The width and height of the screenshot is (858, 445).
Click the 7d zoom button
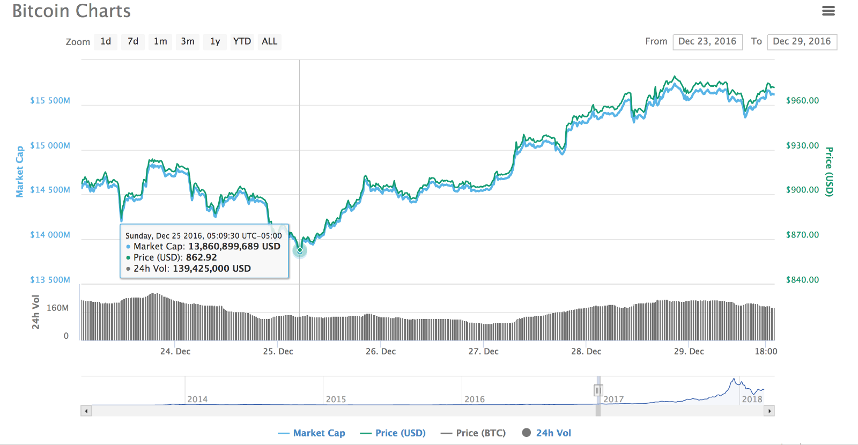(x=133, y=42)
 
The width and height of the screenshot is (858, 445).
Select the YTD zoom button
(x=242, y=42)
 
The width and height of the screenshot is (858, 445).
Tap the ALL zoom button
(x=269, y=42)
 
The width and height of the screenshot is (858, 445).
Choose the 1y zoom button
(x=215, y=42)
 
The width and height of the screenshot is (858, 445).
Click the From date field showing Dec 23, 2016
(x=707, y=42)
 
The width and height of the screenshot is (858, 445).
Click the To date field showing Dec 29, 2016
(x=802, y=42)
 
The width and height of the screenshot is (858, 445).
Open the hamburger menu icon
(x=829, y=11)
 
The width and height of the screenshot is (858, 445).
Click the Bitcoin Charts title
(x=71, y=11)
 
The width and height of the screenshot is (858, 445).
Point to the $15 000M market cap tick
(x=50, y=146)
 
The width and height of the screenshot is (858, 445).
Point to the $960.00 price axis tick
(x=802, y=101)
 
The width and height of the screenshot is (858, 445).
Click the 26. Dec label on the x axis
(x=381, y=352)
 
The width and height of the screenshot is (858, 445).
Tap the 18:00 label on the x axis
(x=766, y=352)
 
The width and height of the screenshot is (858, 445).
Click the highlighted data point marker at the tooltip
(x=300, y=250)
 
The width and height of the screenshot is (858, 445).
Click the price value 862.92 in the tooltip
(x=201, y=258)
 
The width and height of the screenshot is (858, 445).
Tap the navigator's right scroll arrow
(x=770, y=411)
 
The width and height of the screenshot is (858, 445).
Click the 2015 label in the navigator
(x=336, y=399)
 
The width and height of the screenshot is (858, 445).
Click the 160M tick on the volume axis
(x=57, y=308)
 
